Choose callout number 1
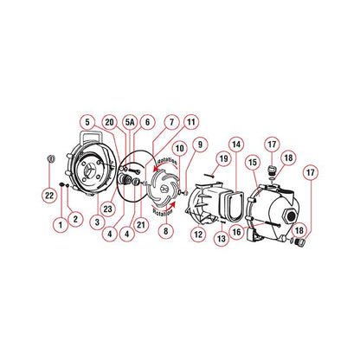(60, 223)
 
